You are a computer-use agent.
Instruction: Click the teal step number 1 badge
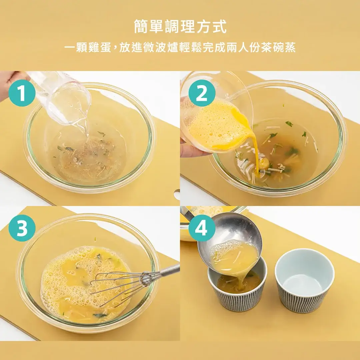click(x=22, y=93)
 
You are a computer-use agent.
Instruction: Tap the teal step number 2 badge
click(x=202, y=93)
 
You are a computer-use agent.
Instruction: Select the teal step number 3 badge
click(x=22, y=228)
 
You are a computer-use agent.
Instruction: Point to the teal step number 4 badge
click(x=202, y=228)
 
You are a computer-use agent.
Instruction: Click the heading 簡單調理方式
click(x=180, y=26)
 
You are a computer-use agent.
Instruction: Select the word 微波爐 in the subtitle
click(x=161, y=48)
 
